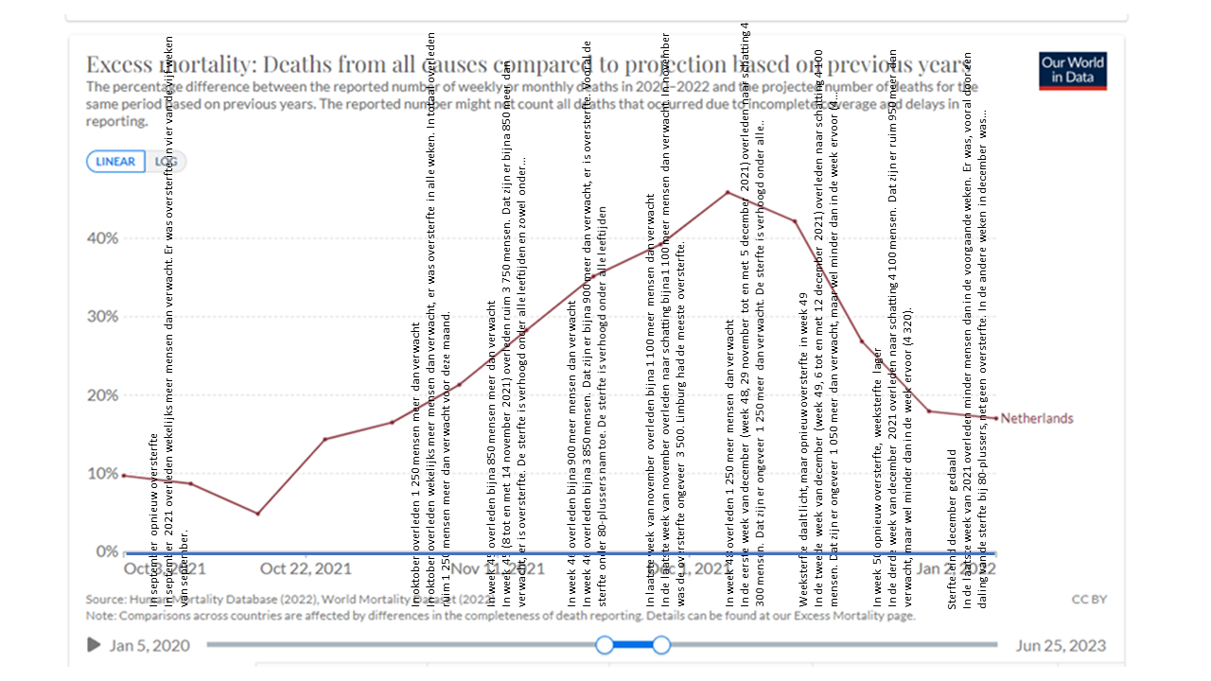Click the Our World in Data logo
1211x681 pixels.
click(x=1073, y=71)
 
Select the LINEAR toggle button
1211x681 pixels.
click(x=115, y=162)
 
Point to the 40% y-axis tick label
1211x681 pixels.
click(x=103, y=237)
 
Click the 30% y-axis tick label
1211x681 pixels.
click(x=103, y=316)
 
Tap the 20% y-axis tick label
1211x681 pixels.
click(x=103, y=394)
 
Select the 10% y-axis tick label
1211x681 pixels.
click(x=103, y=473)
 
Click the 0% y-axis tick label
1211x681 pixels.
click(x=107, y=551)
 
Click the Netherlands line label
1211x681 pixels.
click(x=1037, y=418)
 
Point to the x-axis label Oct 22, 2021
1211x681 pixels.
click(x=306, y=568)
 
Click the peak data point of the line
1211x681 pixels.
click(x=728, y=192)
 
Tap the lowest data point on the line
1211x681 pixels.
click(x=257, y=514)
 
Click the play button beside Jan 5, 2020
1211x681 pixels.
click(x=94, y=645)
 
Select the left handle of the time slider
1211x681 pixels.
click(x=605, y=645)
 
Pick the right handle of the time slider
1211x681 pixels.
click(x=661, y=645)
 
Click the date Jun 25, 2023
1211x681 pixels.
click(x=1061, y=646)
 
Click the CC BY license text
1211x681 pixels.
click(x=1089, y=599)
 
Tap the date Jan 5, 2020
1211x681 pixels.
click(x=149, y=646)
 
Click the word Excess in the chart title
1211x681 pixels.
click(x=120, y=64)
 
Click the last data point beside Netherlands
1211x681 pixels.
click(x=995, y=417)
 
